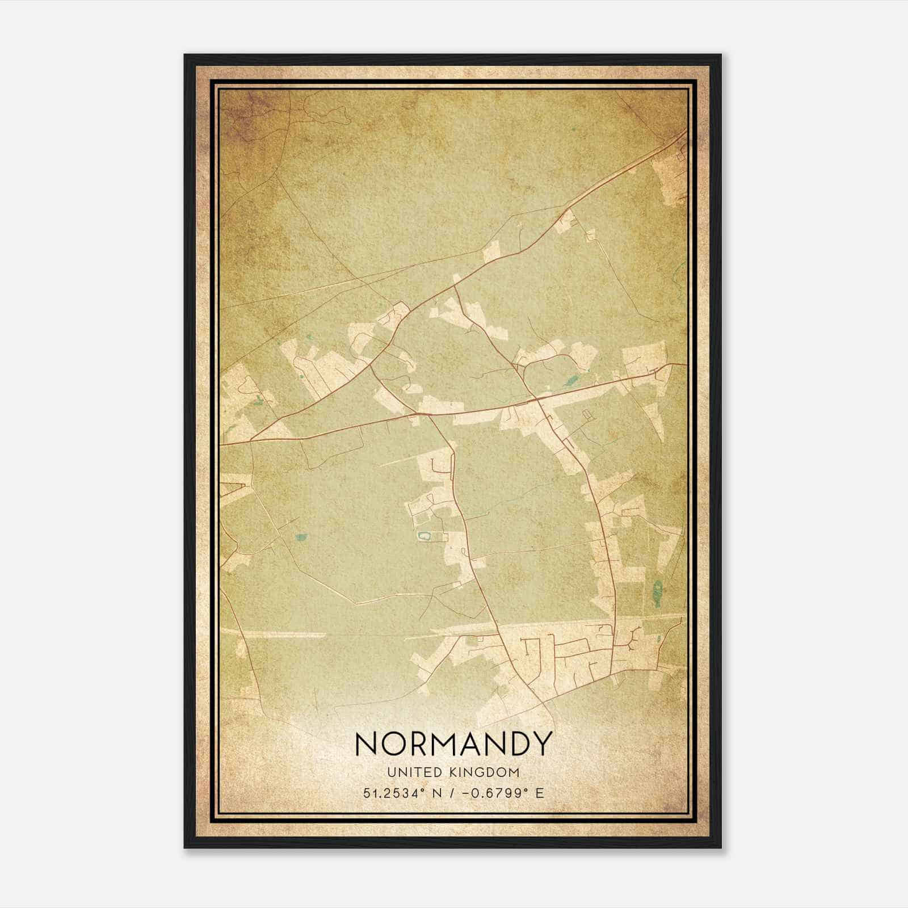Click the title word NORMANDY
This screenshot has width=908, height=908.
tap(453, 743)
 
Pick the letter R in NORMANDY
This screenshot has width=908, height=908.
tap(415, 743)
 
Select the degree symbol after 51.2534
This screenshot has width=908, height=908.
tap(423, 789)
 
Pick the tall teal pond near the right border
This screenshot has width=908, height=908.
tap(658, 592)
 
